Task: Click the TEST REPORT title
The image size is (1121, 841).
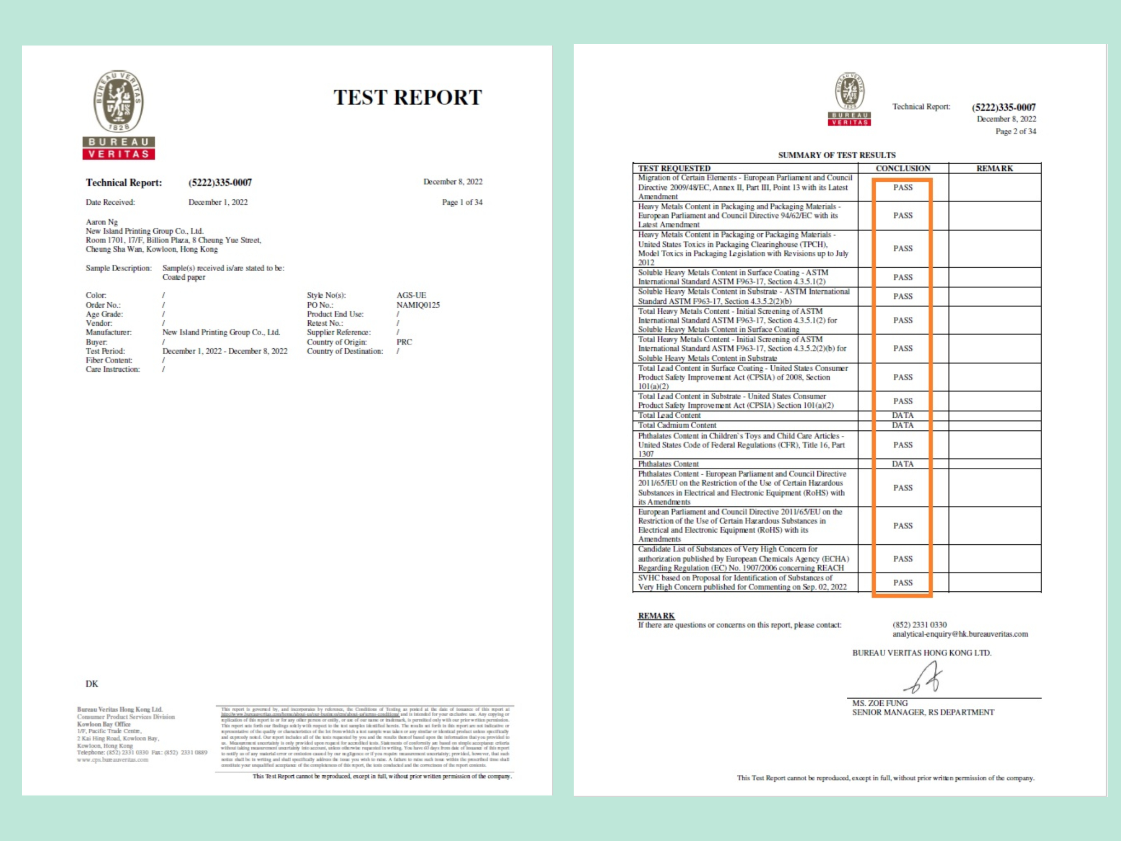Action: (408, 97)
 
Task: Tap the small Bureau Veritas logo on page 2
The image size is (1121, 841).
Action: (849, 99)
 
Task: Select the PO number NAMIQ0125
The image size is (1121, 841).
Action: (418, 305)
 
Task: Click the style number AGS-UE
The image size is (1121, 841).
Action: (411, 295)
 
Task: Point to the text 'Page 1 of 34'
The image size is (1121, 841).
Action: (462, 202)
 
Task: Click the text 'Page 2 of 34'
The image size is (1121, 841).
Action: (1015, 131)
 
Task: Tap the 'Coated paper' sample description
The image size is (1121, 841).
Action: (184, 277)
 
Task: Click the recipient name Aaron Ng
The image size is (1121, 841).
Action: (102, 222)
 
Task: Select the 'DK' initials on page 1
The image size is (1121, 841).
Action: (92, 684)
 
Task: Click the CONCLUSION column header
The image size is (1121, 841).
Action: (903, 169)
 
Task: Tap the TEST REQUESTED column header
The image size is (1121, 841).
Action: (674, 169)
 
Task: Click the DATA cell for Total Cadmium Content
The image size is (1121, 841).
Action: (903, 425)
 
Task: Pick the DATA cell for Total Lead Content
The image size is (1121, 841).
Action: (903, 416)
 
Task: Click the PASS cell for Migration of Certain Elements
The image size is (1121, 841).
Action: (903, 187)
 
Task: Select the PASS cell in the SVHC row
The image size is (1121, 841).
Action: (903, 583)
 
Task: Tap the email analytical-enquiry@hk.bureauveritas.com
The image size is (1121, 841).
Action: (960, 634)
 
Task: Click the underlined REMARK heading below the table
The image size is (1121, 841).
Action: (656, 615)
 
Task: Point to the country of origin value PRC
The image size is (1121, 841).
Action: (404, 342)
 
